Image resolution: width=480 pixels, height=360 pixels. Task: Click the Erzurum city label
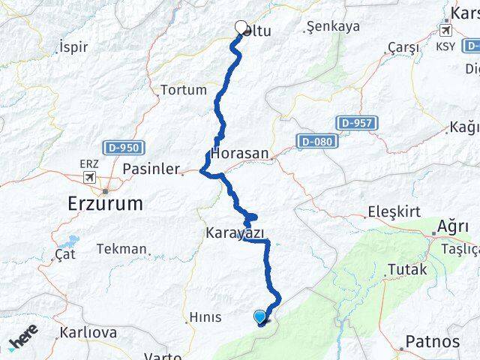105,202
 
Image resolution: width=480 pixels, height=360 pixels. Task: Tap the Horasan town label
240,153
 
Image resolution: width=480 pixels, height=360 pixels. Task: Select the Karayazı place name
235,233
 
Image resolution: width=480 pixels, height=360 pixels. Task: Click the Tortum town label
183,90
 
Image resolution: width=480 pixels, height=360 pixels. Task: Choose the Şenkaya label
333,26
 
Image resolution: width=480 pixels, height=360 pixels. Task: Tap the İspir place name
73,47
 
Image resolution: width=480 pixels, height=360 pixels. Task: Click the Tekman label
121,249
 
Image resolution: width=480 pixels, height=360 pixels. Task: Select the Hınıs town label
205,317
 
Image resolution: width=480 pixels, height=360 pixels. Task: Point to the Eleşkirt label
394,212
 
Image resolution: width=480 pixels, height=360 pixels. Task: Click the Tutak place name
406,269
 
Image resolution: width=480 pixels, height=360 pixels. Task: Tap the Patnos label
432,342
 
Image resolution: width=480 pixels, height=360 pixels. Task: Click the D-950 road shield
124,148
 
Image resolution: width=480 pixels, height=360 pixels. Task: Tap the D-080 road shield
317,141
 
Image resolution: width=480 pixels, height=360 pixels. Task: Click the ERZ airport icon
89,178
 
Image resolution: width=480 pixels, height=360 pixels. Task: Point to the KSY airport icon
446,31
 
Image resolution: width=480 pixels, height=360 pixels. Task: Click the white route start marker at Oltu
241,28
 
